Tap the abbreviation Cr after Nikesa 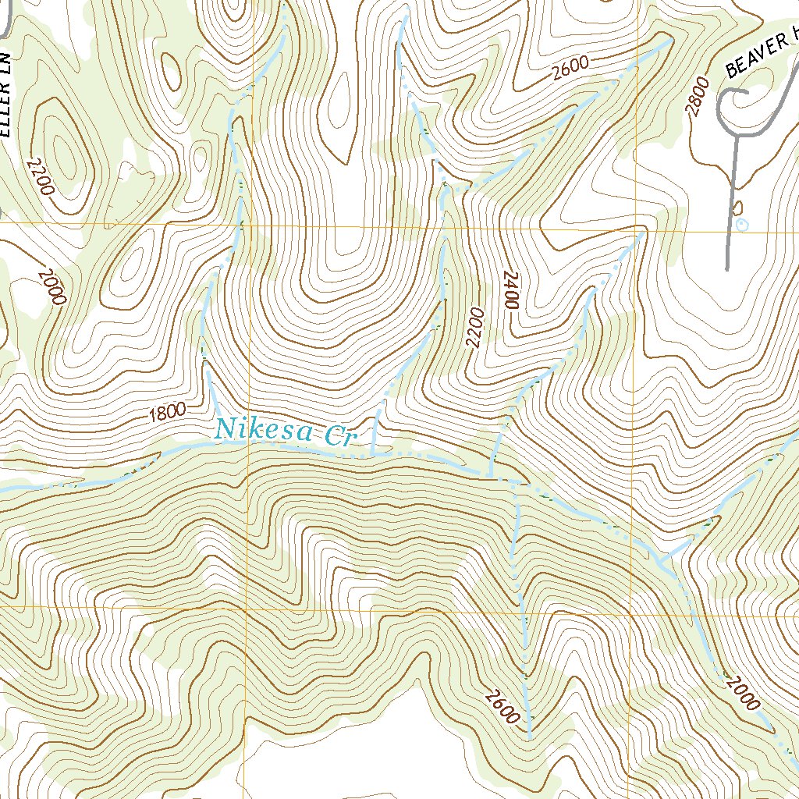339,437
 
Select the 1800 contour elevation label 168,412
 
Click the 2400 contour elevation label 511,291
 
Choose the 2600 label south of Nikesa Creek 502,707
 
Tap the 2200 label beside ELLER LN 40,176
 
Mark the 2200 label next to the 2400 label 476,328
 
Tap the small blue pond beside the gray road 743,225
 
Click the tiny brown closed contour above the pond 738,208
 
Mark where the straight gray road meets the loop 735,135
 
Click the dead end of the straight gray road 727,269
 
